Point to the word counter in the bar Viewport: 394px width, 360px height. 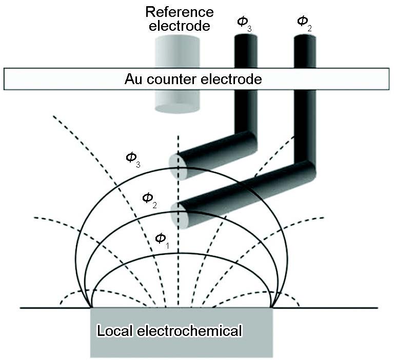point(174,79)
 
